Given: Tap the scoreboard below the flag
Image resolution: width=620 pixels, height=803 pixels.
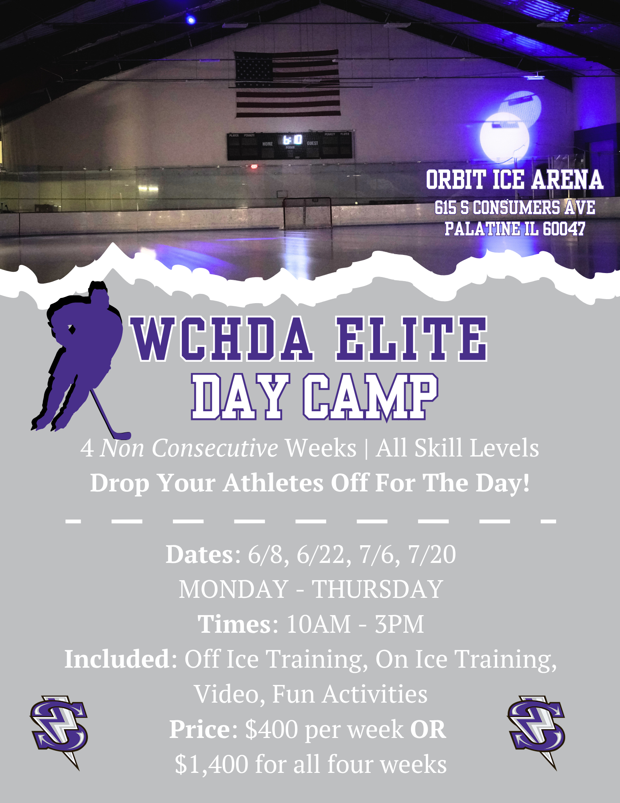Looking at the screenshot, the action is [x=290, y=145].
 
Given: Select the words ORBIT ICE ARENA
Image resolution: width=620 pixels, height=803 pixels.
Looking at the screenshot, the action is [x=514, y=179].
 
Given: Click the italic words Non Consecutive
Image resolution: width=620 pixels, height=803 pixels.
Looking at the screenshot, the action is [x=189, y=448].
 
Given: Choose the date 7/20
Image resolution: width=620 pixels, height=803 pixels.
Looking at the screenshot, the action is [x=432, y=554].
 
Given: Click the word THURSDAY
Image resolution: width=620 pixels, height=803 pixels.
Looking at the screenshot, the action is [x=378, y=589].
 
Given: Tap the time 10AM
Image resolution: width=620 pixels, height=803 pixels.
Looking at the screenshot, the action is [x=319, y=624].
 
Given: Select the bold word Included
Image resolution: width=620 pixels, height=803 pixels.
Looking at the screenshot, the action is [x=117, y=659].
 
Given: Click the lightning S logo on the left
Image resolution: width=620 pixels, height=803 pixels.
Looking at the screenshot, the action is [x=59, y=732].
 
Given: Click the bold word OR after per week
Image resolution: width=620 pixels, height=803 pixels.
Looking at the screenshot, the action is [x=428, y=729].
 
